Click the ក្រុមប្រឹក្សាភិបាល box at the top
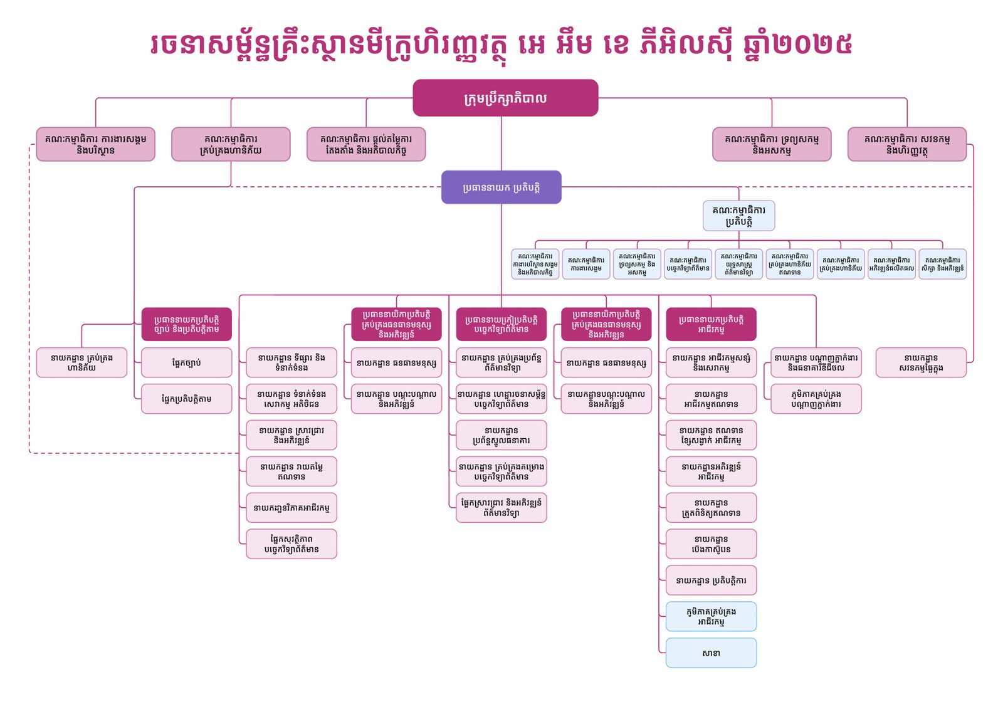pyautogui.click(x=505, y=98)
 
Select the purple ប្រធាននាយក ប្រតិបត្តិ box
pyautogui.click(x=501, y=187)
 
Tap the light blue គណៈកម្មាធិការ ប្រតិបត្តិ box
pyautogui.click(x=738, y=216)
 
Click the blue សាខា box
pyautogui.click(x=711, y=653)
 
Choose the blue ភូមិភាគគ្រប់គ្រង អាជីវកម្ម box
pyautogui.click(x=711, y=616)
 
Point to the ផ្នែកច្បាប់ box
pyautogui.click(x=186, y=362)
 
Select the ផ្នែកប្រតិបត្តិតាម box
pyautogui.click(x=186, y=399)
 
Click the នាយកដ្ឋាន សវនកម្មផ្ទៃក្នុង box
pyautogui.click(x=920, y=362)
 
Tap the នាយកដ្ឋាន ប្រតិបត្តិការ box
pyautogui.click(x=711, y=580)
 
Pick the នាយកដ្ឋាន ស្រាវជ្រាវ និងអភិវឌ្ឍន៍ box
pyautogui.click(x=291, y=435)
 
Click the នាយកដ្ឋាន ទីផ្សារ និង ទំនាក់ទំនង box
pyautogui.click(x=291, y=362)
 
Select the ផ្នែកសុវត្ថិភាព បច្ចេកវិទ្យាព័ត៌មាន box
pyautogui.click(x=291, y=544)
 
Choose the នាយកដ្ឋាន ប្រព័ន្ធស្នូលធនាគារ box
pyautogui.click(x=501, y=435)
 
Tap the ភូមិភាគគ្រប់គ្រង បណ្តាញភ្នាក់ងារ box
pyautogui.click(x=816, y=399)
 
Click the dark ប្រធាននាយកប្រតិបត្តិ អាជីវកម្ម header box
pyautogui.click(x=711, y=324)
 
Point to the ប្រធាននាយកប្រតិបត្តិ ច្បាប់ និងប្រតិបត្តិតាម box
pyautogui.click(x=186, y=324)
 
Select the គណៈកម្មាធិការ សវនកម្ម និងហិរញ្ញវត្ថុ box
pyautogui.click(x=906, y=144)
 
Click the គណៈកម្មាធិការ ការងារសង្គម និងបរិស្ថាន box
pyautogui.click(x=95, y=144)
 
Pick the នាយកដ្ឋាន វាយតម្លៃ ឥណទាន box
pyautogui.click(x=291, y=471)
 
